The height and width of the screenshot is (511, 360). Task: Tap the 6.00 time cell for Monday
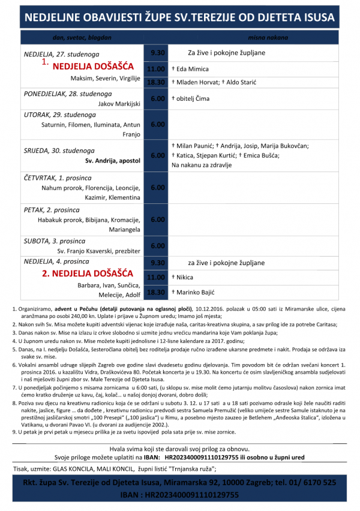tap(157, 98)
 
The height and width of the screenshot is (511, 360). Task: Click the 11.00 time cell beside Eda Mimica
tap(157, 69)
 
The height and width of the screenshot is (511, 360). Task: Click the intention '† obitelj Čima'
tap(191, 98)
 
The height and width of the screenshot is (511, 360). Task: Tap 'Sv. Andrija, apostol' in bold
tap(113, 161)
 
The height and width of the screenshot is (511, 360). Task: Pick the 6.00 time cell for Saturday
tap(157, 246)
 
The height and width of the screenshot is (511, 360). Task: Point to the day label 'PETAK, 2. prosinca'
tap(50, 211)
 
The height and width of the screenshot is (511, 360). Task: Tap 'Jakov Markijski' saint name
tap(119, 103)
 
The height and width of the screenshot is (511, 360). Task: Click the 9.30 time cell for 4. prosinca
tap(157, 263)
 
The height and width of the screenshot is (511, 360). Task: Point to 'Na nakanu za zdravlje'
tap(200, 164)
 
